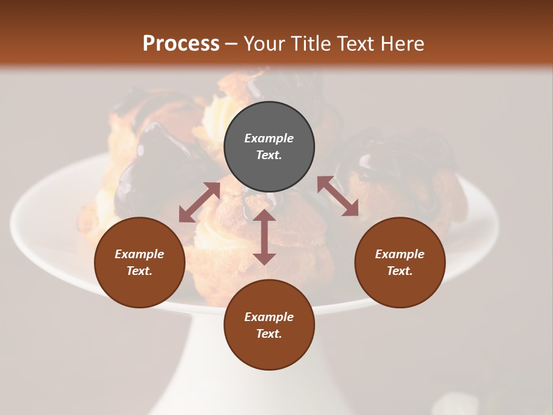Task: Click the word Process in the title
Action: click(181, 44)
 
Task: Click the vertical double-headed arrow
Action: click(264, 237)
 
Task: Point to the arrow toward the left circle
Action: click(199, 202)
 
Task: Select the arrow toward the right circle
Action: click(338, 196)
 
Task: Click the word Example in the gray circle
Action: click(269, 138)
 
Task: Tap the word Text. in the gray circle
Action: click(269, 155)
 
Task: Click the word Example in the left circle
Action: click(139, 254)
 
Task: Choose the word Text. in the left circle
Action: click(139, 271)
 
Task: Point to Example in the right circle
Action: click(400, 254)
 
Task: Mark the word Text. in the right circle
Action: click(400, 271)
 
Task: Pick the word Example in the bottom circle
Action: click(269, 317)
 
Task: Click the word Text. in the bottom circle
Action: click(269, 334)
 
